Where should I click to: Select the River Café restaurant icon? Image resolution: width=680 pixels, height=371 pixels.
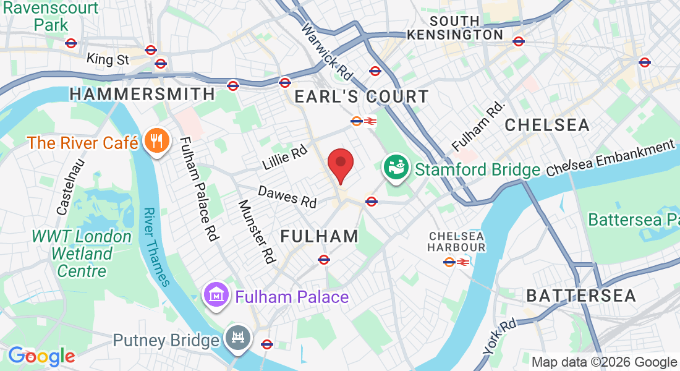tap(156, 142)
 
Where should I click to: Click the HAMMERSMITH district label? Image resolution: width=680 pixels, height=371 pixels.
tap(142, 94)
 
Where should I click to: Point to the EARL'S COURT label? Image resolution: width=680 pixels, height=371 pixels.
tap(361, 96)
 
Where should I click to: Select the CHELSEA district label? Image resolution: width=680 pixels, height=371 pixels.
tap(547, 125)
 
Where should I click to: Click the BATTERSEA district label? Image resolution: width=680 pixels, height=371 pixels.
tap(581, 296)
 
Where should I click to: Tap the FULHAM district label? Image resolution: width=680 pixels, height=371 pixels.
tap(320, 236)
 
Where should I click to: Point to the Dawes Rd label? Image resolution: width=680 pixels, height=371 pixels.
tap(287, 197)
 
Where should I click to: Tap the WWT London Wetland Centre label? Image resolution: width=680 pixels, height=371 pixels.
tap(82, 254)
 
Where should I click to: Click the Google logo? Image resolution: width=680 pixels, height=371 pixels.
tap(41, 356)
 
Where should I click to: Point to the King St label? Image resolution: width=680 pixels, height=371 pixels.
tap(108, 59)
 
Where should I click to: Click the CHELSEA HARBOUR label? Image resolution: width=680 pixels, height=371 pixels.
tap(457, 242)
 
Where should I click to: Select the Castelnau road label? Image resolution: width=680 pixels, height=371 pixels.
tap(70, 186)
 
